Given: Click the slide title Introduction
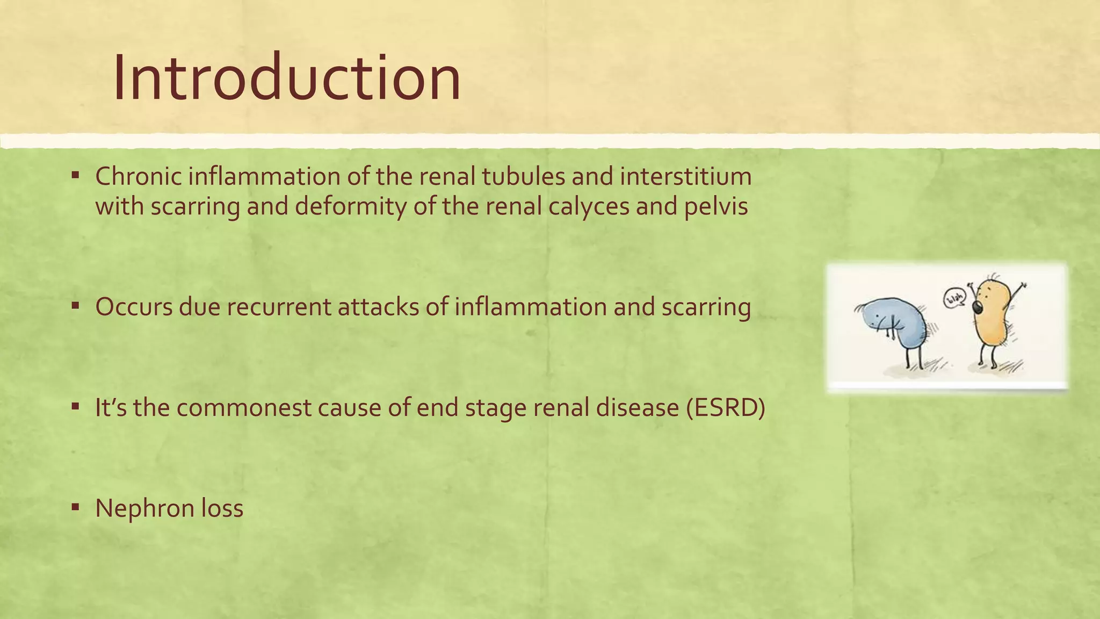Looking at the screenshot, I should (x=287, y=78).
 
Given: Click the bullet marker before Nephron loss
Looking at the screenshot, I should (x=76, y=506).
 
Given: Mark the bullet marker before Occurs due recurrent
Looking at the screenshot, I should (x=76, y=305).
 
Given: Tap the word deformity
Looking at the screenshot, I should (x=351, y=206).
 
